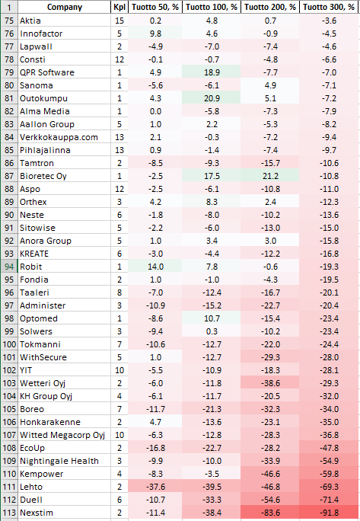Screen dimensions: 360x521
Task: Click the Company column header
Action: [65, 7]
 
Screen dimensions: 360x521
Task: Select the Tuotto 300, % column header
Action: [329, 7]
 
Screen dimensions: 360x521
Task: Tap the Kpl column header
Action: [119, 7]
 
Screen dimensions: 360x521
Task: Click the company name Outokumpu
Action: [43, 98]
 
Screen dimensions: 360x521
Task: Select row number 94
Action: [9, 267]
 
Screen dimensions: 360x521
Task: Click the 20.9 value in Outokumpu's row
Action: [212, 98]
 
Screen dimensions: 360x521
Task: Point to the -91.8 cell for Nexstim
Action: [329, 513]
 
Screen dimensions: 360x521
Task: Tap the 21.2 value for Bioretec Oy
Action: [270, 176]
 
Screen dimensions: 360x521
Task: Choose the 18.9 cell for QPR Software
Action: [212, 72]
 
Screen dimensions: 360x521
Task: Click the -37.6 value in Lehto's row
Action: [155, 487]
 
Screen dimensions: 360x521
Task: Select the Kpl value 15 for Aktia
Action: [119, 21]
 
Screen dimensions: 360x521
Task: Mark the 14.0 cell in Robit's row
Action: [155, 267]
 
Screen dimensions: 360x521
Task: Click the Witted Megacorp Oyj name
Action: [62, 435]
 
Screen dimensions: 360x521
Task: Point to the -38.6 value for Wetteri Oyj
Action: [270, 383]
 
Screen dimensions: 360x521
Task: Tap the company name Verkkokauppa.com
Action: [59, 137]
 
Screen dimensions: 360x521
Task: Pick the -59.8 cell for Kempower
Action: [329, 474]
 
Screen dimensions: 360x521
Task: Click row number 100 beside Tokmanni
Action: [9, 344]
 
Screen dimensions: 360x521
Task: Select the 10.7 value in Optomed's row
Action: [212, 318]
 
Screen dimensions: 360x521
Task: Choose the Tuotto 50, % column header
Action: [155, 7]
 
